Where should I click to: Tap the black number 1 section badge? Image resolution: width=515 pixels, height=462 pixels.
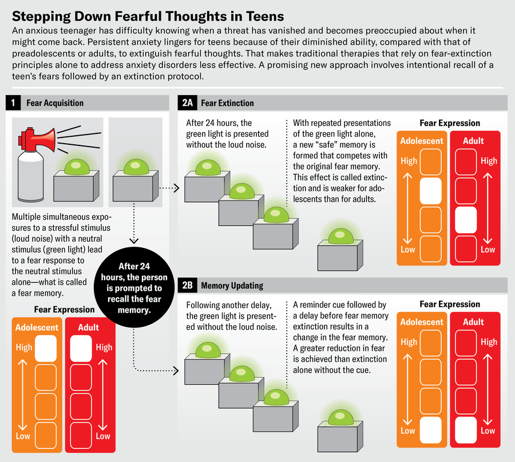(13, 103)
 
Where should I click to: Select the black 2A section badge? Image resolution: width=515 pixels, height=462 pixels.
(187, 103)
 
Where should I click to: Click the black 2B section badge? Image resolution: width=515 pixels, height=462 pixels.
(187, 285)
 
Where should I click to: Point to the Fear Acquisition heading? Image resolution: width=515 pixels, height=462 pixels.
(55, 103)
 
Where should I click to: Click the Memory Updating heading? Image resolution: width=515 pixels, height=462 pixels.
(232, 286)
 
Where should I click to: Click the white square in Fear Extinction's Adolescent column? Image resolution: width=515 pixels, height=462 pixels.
(430, 191)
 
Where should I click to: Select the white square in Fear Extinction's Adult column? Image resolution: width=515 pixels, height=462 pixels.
(466, 220)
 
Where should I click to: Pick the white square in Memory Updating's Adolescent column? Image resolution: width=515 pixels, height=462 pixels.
(430, 430)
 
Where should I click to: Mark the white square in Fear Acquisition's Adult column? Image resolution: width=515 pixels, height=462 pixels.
(81, 348)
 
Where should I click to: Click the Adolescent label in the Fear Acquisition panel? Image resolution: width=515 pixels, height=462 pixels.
(37, 327)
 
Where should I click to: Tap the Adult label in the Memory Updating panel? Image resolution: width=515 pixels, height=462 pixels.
(473, 322)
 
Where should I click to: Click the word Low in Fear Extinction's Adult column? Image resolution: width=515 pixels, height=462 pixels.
(488, 250)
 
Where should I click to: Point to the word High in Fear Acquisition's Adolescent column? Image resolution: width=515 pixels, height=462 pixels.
(24, 348)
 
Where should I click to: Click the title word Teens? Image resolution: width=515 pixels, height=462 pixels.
(265, 16)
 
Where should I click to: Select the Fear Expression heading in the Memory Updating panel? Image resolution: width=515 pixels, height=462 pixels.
(450, 304)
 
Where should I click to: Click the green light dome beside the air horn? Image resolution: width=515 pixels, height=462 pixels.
(77, 167)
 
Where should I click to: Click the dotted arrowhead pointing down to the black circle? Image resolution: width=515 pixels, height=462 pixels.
(134, 240)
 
